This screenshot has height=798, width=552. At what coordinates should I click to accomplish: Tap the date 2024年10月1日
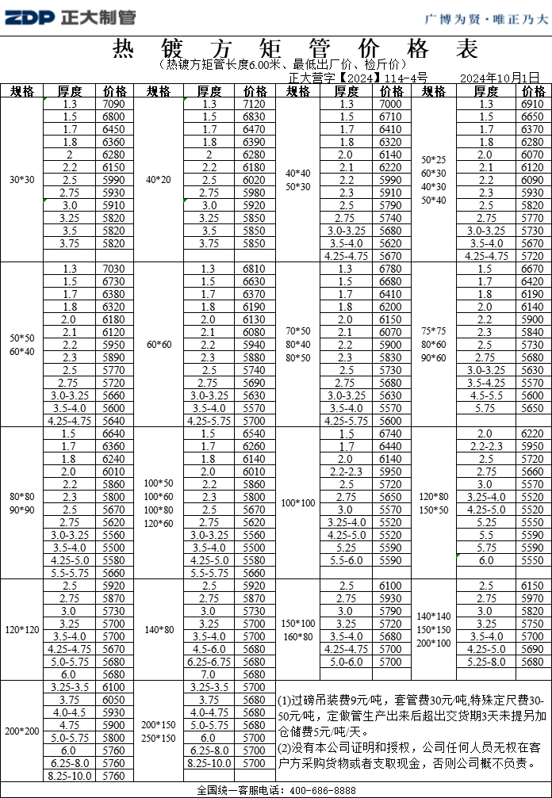(500, 78)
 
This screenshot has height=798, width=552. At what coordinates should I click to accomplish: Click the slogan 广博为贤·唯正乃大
(486, 18)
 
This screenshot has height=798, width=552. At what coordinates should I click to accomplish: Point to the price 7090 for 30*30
(113, 104)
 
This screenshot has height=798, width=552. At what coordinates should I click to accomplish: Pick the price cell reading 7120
(255, 104)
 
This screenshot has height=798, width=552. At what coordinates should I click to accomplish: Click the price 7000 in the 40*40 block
(391, 104)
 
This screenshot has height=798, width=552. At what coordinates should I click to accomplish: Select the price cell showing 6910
(532, 104)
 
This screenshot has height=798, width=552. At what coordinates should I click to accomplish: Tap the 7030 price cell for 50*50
(113, 269)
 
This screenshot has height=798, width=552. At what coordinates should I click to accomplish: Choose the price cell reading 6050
(113, 700)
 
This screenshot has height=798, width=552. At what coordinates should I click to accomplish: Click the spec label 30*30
(21, 180)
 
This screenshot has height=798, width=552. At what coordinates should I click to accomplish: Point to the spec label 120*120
(21, 630)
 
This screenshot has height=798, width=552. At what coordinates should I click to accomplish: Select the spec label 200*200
(21, 731)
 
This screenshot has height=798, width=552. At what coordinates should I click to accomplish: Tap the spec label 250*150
(159, 738)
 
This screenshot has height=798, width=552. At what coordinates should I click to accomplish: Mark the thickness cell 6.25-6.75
(209, 662)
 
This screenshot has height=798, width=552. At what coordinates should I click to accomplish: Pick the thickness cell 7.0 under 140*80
(209, 674)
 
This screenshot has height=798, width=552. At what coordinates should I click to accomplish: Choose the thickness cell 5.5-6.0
(346, 560)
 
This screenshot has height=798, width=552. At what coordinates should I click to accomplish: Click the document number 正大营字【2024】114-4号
(358, 78)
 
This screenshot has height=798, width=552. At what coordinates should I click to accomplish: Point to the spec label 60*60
(159, 345)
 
